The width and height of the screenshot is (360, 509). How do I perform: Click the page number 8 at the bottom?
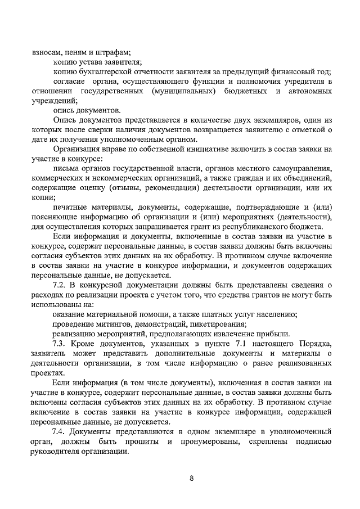[191, 479]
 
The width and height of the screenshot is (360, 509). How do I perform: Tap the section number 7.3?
[60, 344]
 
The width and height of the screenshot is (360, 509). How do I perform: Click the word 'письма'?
[64, 169]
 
